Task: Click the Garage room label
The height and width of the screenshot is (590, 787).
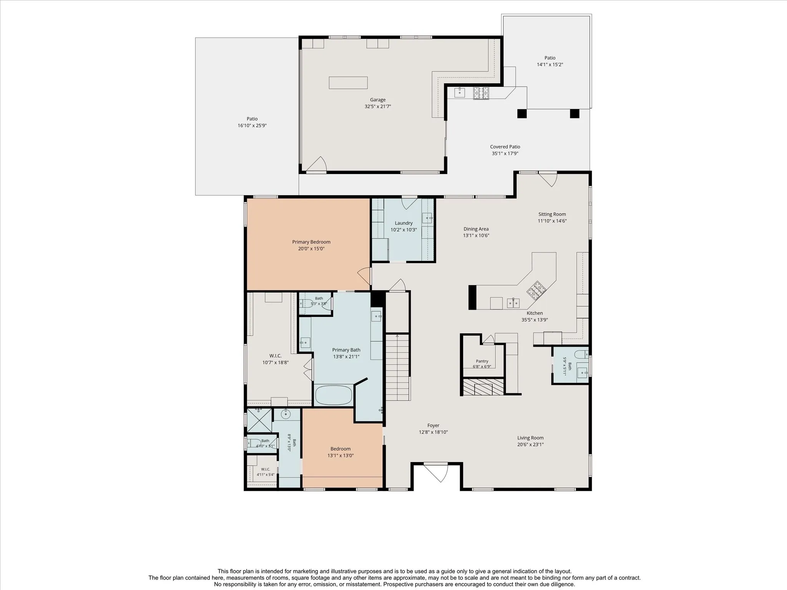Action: point(378,100)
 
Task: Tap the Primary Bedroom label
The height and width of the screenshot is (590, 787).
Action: point(311,242)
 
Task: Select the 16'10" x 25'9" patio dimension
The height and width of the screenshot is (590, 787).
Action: point(252,126)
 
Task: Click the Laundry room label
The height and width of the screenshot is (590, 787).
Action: point(403,223)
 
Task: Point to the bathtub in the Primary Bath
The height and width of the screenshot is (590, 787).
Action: point(334,395)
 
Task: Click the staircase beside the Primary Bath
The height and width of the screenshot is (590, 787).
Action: point(397,368)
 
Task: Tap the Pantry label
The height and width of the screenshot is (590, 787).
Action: point(482,361)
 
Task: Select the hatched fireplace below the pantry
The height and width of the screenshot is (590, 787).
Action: point(483,387)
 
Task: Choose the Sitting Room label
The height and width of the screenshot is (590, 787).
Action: point(552,214)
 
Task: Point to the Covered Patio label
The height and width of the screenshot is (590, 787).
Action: point(505,147)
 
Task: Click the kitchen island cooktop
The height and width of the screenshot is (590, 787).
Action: point(536,290)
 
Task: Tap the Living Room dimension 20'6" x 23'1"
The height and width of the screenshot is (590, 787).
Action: point(530,445)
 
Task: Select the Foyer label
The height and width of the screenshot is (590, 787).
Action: point(433,426)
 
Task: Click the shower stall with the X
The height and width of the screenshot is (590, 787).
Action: point(259,420)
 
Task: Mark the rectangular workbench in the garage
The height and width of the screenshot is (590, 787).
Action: point(348,83)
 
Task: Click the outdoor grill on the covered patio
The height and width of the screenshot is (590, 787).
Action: point(481,93)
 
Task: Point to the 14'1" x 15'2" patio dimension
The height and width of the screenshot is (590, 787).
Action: point(550,65)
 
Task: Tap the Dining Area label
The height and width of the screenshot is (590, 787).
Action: point(476,229)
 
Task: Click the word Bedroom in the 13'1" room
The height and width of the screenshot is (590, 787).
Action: point(340,449)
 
